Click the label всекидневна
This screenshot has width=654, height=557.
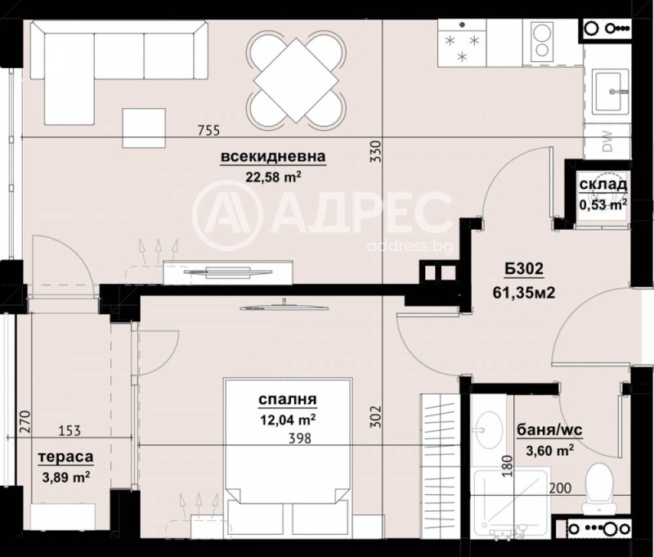click(273, 156)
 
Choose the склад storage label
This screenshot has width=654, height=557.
click(602, 186)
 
